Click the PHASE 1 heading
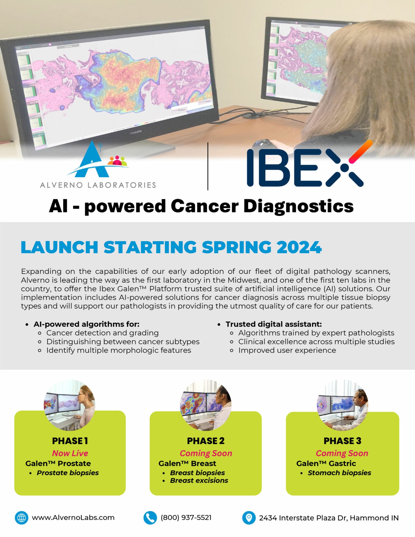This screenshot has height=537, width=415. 70,441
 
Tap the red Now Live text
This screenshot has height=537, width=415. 70,453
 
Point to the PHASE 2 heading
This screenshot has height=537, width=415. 206,441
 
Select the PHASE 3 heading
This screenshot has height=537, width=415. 342,441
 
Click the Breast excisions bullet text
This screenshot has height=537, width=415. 199,481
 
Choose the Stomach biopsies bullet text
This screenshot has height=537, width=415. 339,473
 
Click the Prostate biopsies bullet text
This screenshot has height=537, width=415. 68,473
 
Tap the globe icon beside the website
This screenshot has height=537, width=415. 22,518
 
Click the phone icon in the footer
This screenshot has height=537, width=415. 150,518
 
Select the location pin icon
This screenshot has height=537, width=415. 249,518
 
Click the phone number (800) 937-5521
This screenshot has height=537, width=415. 186,518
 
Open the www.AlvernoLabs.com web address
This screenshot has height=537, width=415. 73,518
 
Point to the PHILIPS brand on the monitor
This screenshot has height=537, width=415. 136,132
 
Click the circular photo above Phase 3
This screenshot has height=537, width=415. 343,405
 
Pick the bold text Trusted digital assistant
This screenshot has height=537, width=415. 273,324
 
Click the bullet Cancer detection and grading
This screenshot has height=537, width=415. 102,333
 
